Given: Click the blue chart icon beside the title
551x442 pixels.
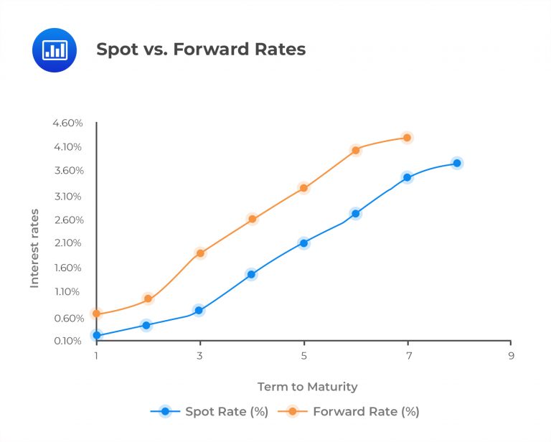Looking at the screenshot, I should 54,50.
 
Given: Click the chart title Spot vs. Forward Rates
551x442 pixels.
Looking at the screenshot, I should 201,50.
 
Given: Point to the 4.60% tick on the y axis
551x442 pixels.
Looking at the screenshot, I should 67,123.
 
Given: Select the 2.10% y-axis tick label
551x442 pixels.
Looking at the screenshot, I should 67,243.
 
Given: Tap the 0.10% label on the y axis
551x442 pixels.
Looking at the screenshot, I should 67,341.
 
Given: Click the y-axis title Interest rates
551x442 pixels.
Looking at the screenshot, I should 34,249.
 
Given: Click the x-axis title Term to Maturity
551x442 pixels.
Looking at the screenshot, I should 307,387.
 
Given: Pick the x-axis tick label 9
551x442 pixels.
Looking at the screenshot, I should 512,356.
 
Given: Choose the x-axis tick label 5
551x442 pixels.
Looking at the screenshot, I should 304,356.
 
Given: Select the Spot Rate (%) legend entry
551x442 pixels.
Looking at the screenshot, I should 208,412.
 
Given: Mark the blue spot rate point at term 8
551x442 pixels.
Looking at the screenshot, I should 456,164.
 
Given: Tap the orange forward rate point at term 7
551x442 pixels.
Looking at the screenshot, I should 407,138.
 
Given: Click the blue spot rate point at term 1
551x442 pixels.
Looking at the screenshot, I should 97,336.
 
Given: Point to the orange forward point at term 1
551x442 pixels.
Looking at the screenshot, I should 97,314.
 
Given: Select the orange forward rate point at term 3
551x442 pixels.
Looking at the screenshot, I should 200,253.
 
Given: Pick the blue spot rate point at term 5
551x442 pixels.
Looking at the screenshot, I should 303,243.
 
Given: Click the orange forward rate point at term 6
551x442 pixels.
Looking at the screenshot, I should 355,151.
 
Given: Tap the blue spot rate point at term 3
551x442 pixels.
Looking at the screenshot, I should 199,311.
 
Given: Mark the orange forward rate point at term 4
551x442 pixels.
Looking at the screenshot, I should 252,219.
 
